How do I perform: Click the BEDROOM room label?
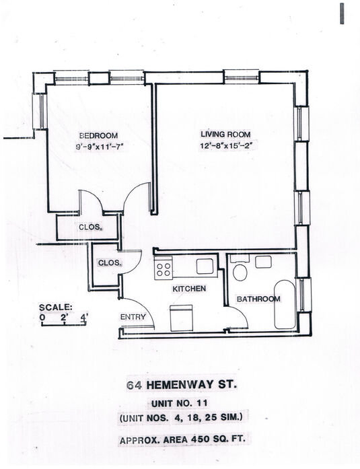pos(98,135)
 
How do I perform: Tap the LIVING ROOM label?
pos(225,135)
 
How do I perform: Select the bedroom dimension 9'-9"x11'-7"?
pos(100,147)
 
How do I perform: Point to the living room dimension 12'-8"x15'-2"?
pos(227,146)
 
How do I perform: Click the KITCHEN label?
pos(189,289)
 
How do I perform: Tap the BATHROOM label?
pos(258,299)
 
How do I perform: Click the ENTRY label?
pos(133,317)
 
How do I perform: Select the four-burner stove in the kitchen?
pos(164,269)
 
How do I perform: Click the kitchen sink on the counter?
pos(205,266)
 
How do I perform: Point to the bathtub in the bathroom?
pos(285,305)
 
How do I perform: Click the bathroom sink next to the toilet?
pos(263,262)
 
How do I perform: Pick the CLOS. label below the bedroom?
pos(90,227)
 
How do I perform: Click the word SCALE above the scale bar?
pos(56,308)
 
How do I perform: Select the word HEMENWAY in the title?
pos(180,385)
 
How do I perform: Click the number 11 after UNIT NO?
pos(202,403)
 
